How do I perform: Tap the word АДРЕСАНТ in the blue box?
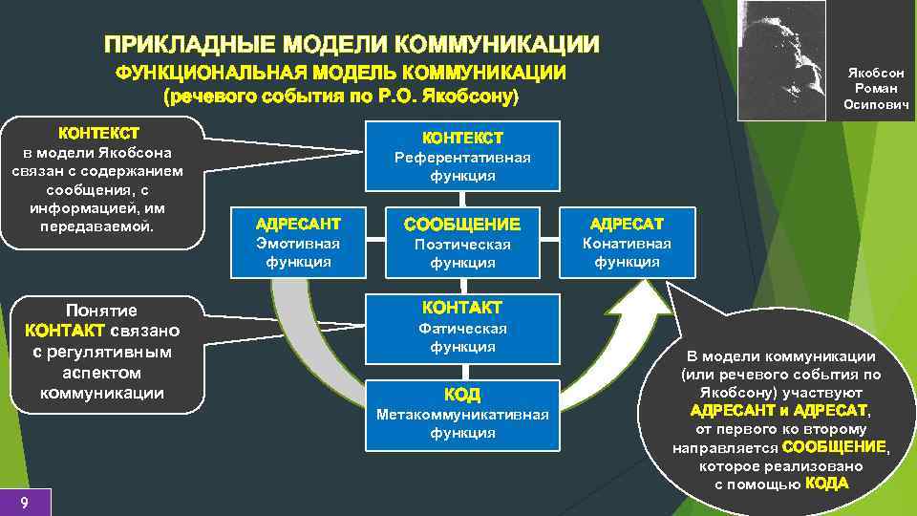pyautogui.click(x=297, y=225)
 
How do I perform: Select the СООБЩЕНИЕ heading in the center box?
pyautogui.click(x=462, y=225)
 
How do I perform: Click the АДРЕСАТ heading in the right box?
pyautogui.click(x=627, y=225)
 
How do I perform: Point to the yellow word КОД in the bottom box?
pyautogui.click(x=462, y=395)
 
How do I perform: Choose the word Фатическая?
pyautogui.click(x=462, y=329)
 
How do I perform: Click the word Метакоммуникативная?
pyautogui.click(x=462, y=415)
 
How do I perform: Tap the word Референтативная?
pyautogui.click(x=462, y=158)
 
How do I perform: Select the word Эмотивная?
pyautogui.click(x=297, y=244)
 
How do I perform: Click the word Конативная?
pyautogui.click(x=627, y=244)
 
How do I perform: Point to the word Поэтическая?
pyautogui.click(x=462, y=245)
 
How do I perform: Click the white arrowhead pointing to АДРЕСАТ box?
pyautogui.click(x=650, y=302)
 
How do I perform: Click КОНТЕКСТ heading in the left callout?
pyautogui.click(x=99, y=132)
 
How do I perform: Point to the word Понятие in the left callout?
pyautogui.click(x=100, y=311)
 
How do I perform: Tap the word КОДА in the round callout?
pyautogui.click(x=826, y=484)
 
